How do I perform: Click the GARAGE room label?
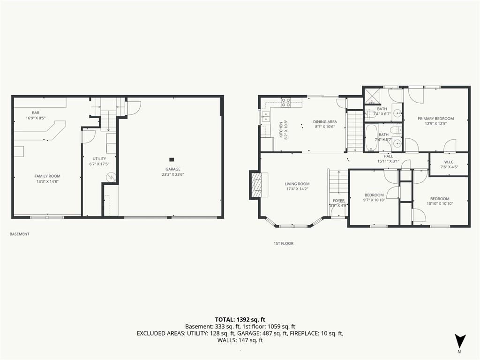coord(173,169)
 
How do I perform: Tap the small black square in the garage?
coord(172,159)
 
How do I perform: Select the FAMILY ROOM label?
coord(47,176)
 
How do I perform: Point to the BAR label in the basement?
coord(36,112)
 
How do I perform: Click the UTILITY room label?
coord(99,158)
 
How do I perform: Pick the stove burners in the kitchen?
coord(286,103)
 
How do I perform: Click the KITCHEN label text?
coord(281,130)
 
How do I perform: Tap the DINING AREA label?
coord(325,121)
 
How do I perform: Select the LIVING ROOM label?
coord(297,184)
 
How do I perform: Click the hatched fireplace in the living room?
coord(255,185)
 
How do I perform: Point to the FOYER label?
coord(338,201)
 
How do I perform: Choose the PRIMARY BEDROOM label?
coord(435,119)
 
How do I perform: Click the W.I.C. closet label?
coord(449,162)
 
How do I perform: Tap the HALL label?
coord(388,156)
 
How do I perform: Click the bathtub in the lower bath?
coord(371,137)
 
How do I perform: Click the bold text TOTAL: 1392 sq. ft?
coord(240,320)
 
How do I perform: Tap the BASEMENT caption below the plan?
coord(20,234)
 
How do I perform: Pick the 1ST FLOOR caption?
coord(284,243)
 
